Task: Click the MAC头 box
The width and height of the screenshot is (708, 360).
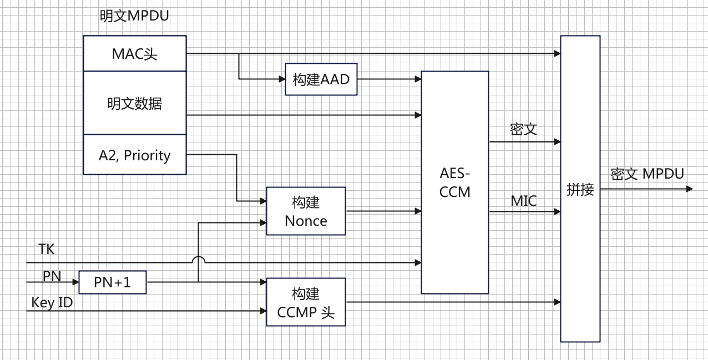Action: click(134, 54)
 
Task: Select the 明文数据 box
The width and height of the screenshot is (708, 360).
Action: click(134, 103)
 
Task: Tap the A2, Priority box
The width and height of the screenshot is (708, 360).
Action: click(134, 155)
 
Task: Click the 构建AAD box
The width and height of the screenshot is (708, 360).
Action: click(321, 79)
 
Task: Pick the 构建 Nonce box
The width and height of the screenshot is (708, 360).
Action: click(306, 211)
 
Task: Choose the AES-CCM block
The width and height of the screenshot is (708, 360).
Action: click(454, 182)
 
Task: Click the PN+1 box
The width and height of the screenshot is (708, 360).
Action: click(112, 282)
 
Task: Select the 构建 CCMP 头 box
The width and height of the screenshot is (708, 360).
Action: click(306, 302)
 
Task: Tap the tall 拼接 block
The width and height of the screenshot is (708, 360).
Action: click(580, 189)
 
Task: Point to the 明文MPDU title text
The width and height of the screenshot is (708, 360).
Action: click(134, 16)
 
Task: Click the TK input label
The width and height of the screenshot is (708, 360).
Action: click(47, 250)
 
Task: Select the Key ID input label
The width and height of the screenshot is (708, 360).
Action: click(52, 303)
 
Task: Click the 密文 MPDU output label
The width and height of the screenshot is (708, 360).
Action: click(647, 174)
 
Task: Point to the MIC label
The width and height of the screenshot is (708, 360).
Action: click(524, 201)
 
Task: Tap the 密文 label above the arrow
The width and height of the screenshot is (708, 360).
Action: click(524, 130)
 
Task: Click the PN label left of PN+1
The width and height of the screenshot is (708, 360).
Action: click(52, 276)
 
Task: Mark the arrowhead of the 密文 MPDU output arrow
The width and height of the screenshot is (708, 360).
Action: click(690, 189)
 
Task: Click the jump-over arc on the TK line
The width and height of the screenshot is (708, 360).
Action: click(198, 258)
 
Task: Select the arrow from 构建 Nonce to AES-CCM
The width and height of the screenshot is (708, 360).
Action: click(383, 211)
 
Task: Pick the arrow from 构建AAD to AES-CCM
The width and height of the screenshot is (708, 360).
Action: click(388, 79)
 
